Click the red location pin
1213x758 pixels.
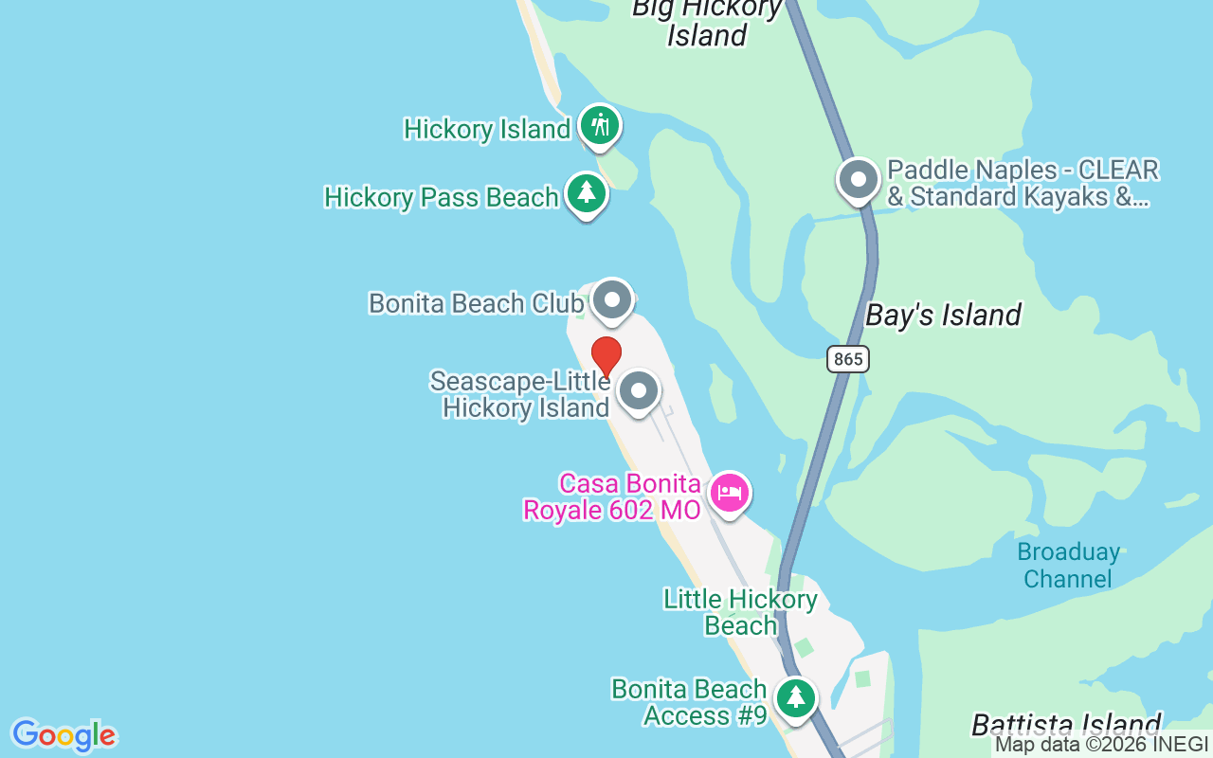click(606, 356)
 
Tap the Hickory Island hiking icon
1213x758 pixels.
click(599, 125)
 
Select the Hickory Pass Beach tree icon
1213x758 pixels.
click(587, 193)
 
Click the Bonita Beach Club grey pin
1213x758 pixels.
click(612, 301)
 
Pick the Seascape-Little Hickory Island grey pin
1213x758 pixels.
click(639, 390)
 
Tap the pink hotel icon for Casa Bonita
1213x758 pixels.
click(730, 493)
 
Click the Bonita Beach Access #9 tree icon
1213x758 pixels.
click(796, 698)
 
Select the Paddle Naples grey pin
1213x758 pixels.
click(859, 179)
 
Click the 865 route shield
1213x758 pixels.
click(847, 359)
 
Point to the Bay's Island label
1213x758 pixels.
click(944, 316)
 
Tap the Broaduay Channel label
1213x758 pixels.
click(1068, 565)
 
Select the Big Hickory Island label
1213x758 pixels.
click(707, 22)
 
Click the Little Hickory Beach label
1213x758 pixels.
click(740, 612)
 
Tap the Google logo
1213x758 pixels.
click(64, 735)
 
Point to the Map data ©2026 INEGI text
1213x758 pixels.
click(1101, 745)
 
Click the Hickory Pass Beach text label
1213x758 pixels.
click(442, 197)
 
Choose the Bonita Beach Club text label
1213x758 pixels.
click(476, 303)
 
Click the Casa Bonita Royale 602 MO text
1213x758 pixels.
click(612, 496)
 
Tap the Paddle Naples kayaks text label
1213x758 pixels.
click(1022, 184)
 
